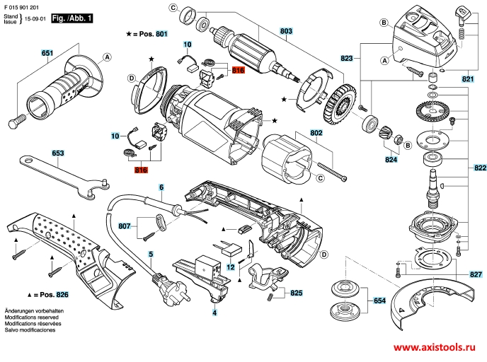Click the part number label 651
click(x=47, y=54)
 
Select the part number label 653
click(x=58, y=152)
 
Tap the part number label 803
click(x=286, y=31)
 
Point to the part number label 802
click(x=316, y=132)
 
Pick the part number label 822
click(x=480, y=168)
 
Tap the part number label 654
click(x=379, y=301)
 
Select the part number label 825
click(x=297, y=292)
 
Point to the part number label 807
click(x=125, y=226)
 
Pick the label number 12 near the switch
click(x=231, y=267)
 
